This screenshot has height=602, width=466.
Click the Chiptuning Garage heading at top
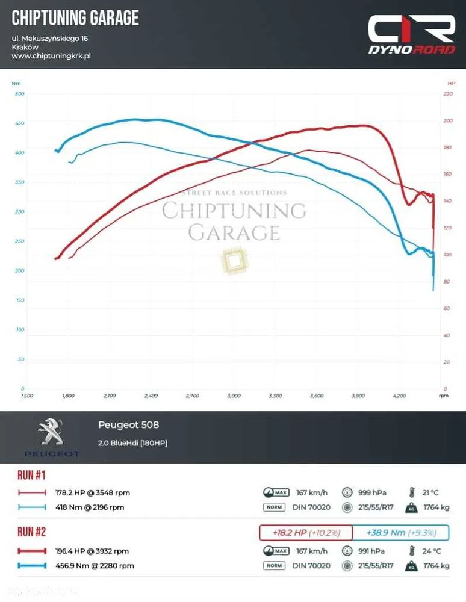click(75, 18)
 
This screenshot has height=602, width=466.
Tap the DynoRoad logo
click(412, 35)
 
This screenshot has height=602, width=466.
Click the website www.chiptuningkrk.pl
click(51, 56)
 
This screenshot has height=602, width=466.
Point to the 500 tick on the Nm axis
click(19, 94)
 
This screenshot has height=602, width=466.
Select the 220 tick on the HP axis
click(447, 94)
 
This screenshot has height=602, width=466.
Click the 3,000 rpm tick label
click(234, 396)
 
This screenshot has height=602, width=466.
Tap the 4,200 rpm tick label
click(399, 396)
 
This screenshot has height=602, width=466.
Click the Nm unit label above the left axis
click(16, 83)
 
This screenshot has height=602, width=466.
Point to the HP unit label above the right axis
click(451, 83)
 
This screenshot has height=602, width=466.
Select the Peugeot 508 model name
click(128, 425)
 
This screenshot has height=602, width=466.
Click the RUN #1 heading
click(31, 476)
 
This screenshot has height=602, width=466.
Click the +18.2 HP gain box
click(305, 533)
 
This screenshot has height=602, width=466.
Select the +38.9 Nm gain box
click(400, 533)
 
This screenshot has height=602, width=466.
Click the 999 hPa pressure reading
click(371, 492)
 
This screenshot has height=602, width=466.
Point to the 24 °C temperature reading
click(431, 551)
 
